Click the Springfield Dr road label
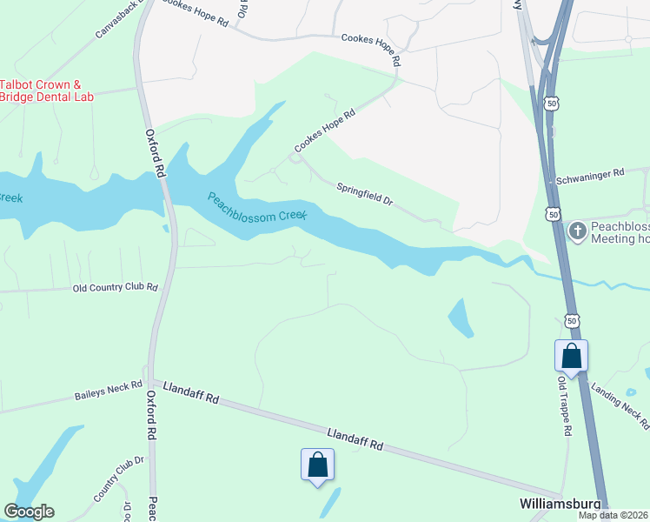[365, 193]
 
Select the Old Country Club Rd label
[116, 287]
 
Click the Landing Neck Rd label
[620, 405]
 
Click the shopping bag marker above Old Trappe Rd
[571, 355]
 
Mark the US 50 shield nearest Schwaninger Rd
[554, 213]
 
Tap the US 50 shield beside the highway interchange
[552, 103]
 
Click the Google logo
[29, 512]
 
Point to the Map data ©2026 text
[613, 515]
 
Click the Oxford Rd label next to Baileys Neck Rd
[151, 414]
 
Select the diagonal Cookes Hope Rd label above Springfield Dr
[325, 130]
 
